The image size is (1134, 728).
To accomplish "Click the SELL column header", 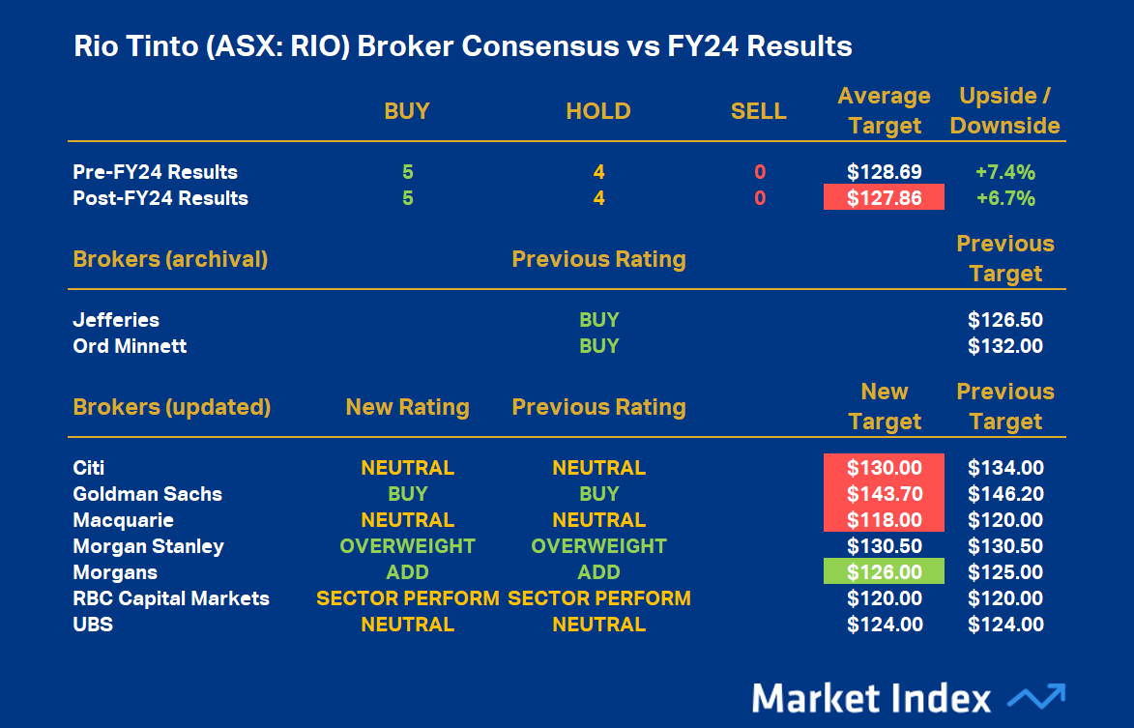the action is tap(758, 110).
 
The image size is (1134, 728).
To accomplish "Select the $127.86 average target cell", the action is tap(884, 197).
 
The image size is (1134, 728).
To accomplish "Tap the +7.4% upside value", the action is tap(1005, 172).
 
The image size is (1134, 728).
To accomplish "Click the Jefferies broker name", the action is tap(116, 320).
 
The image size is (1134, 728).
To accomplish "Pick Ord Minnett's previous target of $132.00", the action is tap(1005, 345).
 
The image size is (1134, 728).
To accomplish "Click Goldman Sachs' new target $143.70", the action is tap(884, 494).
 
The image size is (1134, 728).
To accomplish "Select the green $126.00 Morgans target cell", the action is tap(884, 571).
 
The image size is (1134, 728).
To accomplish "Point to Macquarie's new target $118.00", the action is tap(884, 520).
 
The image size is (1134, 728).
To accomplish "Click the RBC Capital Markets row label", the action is tap(171, 598).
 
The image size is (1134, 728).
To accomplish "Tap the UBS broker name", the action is tap(93, 625).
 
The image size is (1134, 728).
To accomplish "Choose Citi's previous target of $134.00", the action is tap(1005, 468).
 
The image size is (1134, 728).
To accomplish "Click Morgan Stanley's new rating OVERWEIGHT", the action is tap(407, 546).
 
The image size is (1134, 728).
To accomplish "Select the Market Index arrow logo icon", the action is tap(1036, 697).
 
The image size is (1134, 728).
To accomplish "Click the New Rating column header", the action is tap(407, 407).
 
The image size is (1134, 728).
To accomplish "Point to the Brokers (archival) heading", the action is tap(170, 259).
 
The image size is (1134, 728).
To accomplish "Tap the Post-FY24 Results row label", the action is tap(160, 198).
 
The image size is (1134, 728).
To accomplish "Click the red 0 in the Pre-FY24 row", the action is tap(759, 172).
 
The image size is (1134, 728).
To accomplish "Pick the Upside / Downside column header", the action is tap(1004, 110).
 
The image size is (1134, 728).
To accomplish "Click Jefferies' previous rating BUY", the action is tap(598, 320).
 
